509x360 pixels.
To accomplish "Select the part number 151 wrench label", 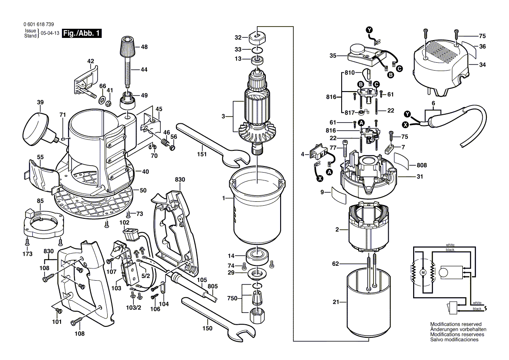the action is click(x=202, y=154).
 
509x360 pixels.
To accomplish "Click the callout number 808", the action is click(x=422, y=165).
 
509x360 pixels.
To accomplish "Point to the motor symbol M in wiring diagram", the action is click(x=423, y=273).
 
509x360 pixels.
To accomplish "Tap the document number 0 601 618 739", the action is click(x=39, y=24).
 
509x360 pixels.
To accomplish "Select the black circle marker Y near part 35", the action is click(x=370, y=30).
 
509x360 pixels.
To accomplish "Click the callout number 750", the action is click(x=232, y=298).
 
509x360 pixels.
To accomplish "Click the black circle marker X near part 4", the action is click(x=320, y=178).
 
